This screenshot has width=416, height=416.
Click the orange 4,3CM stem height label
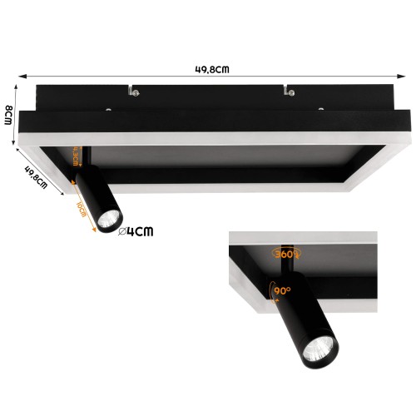pos(77,156)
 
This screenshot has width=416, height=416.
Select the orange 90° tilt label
pos(282,291)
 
